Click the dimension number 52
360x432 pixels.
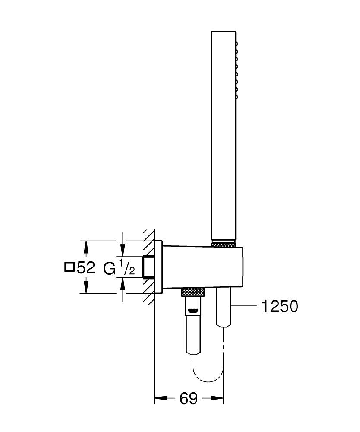point(86,268)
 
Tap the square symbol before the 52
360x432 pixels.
point(69,268)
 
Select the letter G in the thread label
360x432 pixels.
point(109,268)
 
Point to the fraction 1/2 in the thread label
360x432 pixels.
point(127,267)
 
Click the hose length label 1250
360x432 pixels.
point(280,306)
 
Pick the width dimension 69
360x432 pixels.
point(188,398)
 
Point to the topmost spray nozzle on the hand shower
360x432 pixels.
point(236,44)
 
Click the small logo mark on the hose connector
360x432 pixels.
point(193,309)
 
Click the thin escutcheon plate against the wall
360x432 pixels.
point(158,267)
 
